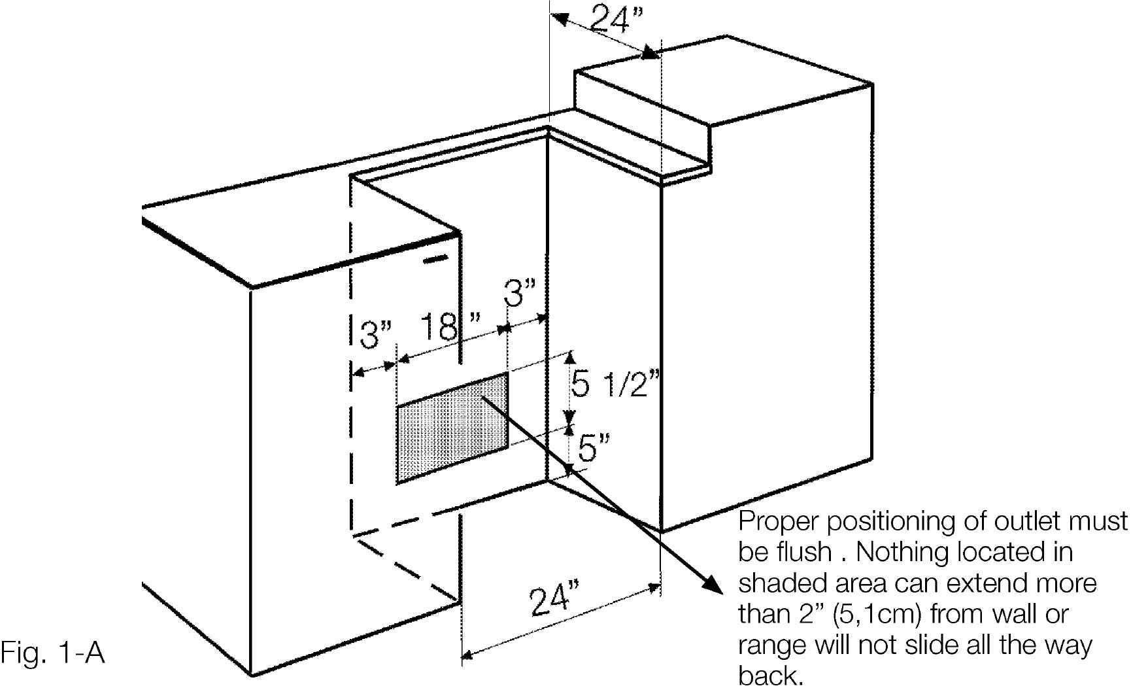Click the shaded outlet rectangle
pos(452,428)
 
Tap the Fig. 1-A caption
pos(53,653)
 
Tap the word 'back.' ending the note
pos(770,676)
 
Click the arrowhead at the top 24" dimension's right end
pos(651,52)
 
